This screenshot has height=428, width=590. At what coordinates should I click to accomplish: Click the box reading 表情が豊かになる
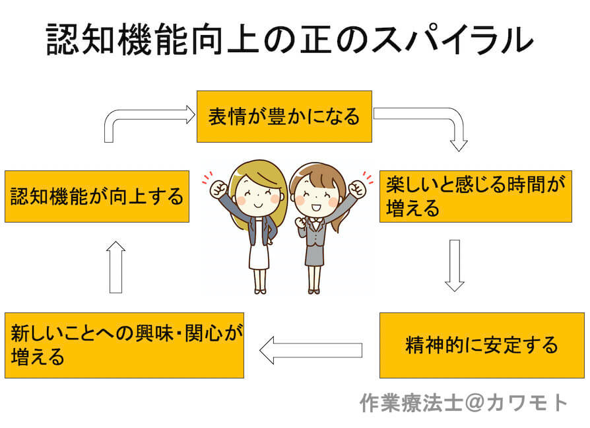[x=284, y=116]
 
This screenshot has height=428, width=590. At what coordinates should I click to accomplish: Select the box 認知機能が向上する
[x=97, y=196]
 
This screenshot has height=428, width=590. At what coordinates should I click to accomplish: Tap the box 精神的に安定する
[x=482, y=345]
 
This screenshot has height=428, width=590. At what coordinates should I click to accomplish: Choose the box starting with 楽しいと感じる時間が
[x=476, y=196]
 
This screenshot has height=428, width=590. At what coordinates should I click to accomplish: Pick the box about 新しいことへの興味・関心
[x=124, y=345]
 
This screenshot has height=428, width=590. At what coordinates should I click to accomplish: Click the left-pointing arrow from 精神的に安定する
[x=311, y=350]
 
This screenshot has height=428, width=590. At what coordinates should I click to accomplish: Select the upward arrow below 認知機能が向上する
[x=116, y=267]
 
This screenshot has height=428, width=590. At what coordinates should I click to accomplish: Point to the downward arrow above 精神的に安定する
[x=455, y=266]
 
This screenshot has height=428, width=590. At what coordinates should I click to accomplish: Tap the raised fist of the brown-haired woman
[x=357, y=189]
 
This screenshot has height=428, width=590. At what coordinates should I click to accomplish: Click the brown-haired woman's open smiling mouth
[x=315, y=207]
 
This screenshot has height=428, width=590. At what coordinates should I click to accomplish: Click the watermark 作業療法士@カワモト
[x=463, y=403]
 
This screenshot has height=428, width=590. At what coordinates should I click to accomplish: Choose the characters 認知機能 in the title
[x=117, y=39]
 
